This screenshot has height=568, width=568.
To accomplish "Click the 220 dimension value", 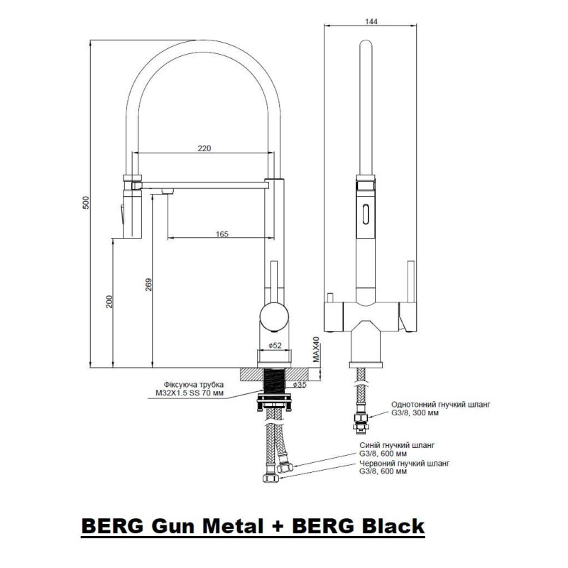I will point(204,148).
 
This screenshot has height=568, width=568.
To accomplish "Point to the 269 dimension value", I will point(148,283).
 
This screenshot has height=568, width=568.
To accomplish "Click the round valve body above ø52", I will point(273,315).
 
